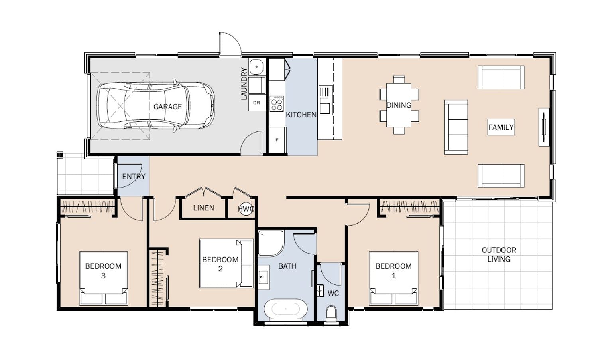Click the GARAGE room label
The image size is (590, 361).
[x=167, y=107]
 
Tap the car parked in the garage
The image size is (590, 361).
[x=155, y=105]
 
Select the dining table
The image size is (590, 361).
[x=399, y=105]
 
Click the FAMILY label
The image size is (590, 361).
[x=501, y=127]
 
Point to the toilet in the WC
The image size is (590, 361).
[x=331, y=314]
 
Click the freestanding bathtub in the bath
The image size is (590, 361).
[x=285, y=309]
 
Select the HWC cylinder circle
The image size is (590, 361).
[x=246, y=210]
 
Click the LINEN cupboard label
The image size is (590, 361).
[x=204, y=208]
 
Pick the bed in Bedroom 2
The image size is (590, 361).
[x=226, y=263]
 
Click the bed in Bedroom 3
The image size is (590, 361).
[x=104, y=278]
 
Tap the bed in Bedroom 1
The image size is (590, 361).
[x=393, y=278]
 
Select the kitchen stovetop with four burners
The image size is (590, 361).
[x=277, y=104]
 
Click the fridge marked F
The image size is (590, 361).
[x=277, y=140]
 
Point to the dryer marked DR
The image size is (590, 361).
[x=257, y=103]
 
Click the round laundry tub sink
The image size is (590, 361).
[x=256, y=67]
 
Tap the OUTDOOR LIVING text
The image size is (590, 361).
[x=499, y=254]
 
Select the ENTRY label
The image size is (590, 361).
[x=134, y=176]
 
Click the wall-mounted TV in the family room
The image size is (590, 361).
[x=544, y=127]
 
